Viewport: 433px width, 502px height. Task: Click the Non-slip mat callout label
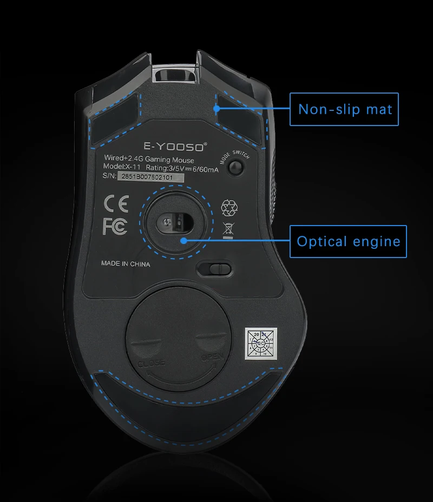[x=345, y=110]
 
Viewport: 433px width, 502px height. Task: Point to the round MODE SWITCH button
[x=235, y=168]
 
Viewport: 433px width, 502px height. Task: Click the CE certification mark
[x=115, y=203]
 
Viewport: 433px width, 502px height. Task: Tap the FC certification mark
[x=115, y=227]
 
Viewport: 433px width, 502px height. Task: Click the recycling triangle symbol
[x=228, y=207]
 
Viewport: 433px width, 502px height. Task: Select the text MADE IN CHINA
[x=126, y=265]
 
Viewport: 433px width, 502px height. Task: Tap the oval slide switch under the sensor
[x=214, y=268]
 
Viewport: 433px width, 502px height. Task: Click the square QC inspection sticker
[x=261, y=344]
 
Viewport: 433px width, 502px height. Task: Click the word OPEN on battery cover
[x=212, y=358]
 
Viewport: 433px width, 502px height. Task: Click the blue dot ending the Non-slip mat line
[x=217, y=109]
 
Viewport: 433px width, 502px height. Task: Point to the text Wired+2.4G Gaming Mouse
[x=148, y=159]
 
